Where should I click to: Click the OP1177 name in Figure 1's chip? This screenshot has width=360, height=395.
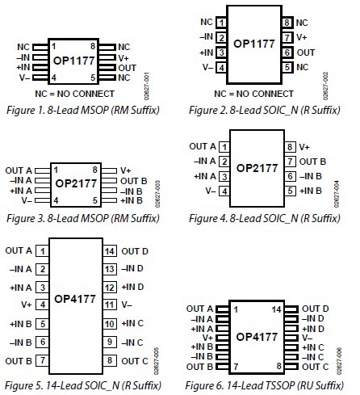click(x=74, y=61)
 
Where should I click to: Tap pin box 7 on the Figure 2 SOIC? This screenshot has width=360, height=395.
click(x=287, y=37)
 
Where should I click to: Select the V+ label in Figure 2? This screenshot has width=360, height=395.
click(x=302, y=37)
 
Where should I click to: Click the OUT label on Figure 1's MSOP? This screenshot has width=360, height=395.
click(x=128, y=68)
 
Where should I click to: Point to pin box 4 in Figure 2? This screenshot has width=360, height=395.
click(x=221, y=67)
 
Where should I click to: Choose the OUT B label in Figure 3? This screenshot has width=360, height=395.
click(x=134, y=181)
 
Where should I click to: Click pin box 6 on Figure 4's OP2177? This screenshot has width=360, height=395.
click(x=290, y=176)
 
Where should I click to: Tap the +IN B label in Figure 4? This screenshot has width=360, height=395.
click(x=311, y=191)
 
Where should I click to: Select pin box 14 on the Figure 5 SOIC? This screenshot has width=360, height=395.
click(x=110, y=251)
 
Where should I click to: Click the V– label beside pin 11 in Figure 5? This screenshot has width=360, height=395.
click(x=127, y=305)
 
